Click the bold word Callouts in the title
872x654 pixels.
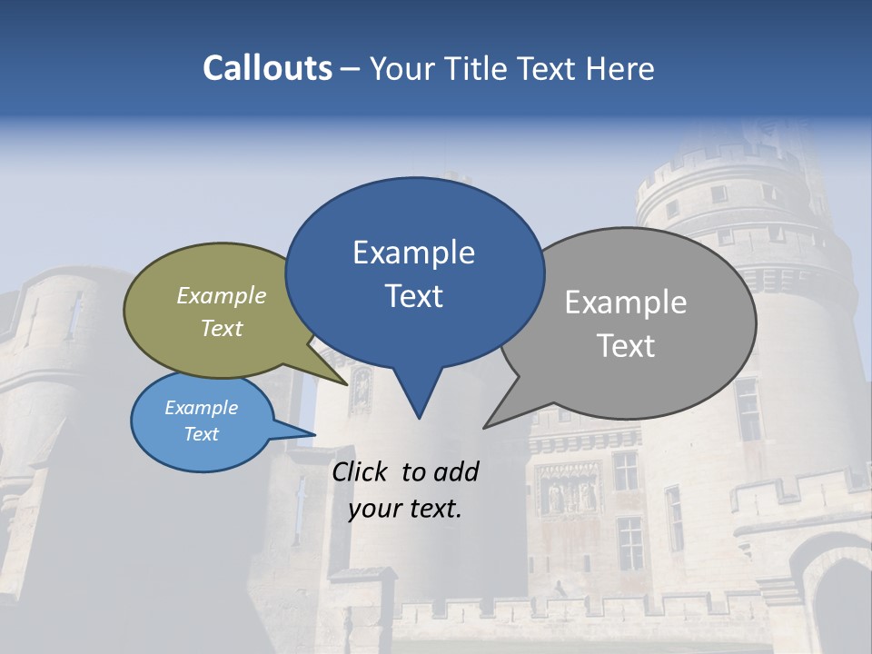(267, 68)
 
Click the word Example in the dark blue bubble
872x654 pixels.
(413, 253)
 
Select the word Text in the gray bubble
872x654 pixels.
(626, 346)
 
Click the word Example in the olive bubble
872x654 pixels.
(222, 295)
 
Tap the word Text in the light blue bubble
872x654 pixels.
(202, 434)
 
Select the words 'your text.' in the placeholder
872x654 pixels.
(405, 509)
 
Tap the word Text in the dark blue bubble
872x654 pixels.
(414, 296)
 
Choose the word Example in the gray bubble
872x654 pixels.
(626, 302)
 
